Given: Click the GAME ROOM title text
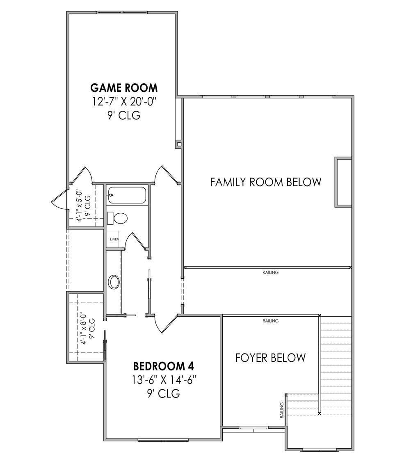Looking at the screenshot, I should click(x=123, y=87).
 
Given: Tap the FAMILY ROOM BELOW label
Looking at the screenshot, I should click(x=265, y=182).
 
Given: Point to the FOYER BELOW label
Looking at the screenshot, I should click(x=270, y=358).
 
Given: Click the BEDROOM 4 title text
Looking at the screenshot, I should click(x=164, y=365).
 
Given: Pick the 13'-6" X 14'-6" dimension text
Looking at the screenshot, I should click(x=164, y=379).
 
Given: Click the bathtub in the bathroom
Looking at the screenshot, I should click(x=126, y=195).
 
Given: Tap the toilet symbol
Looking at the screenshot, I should click(x=119, y=218).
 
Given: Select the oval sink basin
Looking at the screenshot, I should click(x=114, y=282).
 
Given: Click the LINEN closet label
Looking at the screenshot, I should click(x=114, y=239).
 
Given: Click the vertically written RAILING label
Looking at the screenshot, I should click(x=282, y=410).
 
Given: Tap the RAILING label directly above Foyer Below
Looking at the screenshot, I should click(x=270, y=321).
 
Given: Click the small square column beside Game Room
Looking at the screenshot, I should click(x=178, y=144).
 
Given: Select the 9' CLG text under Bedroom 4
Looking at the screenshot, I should click(x=164, y=394).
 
